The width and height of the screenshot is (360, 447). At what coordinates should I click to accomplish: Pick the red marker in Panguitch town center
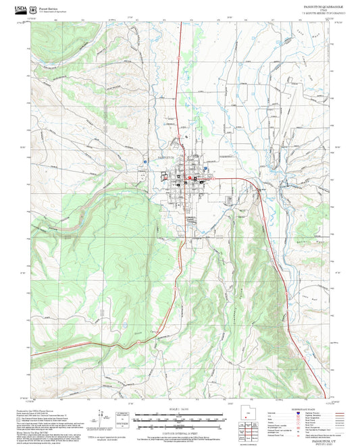pos(195,178)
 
